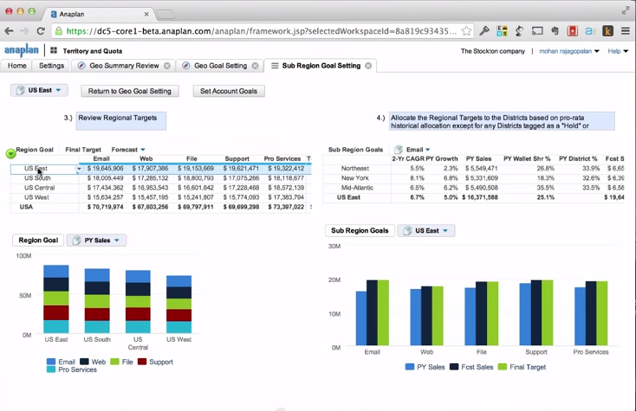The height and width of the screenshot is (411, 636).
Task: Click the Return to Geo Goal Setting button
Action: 129,91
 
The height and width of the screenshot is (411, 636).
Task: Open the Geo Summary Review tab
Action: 123,66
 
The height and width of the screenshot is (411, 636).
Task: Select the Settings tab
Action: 51,66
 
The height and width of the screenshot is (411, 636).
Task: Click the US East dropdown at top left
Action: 39,91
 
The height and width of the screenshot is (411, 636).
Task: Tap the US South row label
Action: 37,178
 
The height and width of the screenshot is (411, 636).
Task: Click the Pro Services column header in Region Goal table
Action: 282,159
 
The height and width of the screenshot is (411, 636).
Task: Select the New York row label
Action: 356,178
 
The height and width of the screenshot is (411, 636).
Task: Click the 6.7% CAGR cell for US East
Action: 417,197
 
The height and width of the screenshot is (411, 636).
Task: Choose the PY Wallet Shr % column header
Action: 527,159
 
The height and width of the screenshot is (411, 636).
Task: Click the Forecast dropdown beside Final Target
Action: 129,150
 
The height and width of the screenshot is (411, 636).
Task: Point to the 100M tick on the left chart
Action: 23,257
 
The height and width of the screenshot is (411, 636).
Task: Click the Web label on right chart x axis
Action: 426,352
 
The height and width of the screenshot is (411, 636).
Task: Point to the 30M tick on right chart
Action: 334,247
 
